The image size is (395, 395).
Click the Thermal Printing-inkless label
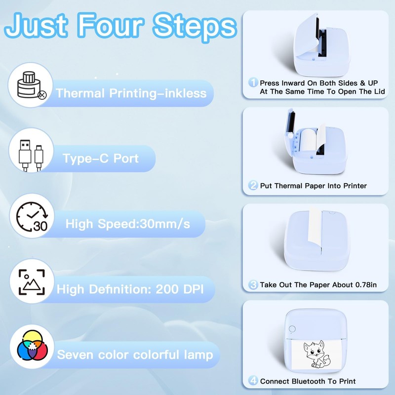(131, 93)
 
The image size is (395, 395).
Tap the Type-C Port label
(101, 158)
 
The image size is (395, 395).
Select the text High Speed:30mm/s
(127, 224)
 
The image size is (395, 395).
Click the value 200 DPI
(175, 288)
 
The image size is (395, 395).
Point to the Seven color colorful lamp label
(135, 355)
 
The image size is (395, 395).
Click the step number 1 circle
(253, 82)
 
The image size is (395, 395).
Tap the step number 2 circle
(253, 186)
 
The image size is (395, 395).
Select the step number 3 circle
(253, 284)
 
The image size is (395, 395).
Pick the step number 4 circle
(253, 381)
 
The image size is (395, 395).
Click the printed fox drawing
(316, 353)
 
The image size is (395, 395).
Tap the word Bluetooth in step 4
(307, 381)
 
